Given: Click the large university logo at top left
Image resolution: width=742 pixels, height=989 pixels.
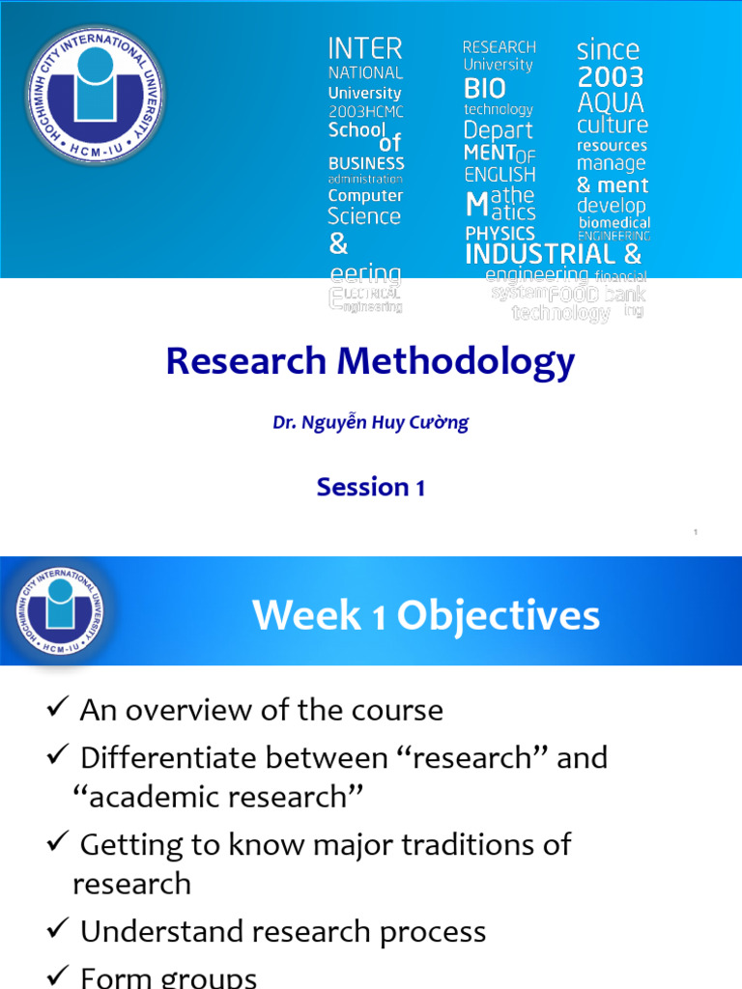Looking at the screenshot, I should [x=95, y=94].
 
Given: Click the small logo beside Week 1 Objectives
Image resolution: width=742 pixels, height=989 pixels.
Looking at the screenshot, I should [x=60, y=611].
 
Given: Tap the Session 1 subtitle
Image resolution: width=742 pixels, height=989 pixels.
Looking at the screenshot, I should [x=370, y=488].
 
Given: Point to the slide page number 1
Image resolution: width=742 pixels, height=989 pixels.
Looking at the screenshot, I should [x=696, y=532].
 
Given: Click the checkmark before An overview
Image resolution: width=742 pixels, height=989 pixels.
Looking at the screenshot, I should [x=56, y=710].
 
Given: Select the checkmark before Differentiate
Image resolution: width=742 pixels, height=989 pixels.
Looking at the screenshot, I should [x=56, y=757].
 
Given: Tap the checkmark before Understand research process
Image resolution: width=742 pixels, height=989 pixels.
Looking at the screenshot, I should [x=56, y=931].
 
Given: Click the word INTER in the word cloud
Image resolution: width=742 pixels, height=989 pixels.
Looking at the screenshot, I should [x=365, y=48].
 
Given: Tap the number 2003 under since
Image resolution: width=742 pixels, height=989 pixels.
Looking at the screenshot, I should [x=610, y=77].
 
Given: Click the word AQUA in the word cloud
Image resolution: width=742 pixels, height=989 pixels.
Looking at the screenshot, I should [x=610, y=102].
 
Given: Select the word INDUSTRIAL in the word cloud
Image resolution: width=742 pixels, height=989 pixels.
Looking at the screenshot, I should [x=540, y=255].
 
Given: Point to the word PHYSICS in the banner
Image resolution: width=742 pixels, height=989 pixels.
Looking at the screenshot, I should [x=499, y=234].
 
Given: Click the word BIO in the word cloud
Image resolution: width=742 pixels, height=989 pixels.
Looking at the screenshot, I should [x=485, y=89].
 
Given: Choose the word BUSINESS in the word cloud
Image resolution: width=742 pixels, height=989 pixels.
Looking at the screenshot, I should [x=366, y=163].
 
